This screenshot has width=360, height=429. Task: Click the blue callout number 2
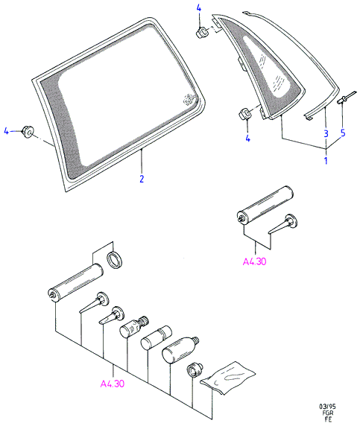142,179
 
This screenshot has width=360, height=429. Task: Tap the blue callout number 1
326,160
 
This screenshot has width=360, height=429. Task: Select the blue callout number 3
326,133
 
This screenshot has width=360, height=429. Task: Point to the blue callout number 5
343,133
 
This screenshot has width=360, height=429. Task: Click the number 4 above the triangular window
199,8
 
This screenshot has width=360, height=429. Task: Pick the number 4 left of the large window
6,131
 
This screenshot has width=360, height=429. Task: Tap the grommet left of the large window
28,131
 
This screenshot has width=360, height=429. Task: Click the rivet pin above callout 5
347,98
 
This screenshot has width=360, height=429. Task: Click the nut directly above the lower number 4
244,114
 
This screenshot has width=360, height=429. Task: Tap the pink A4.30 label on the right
254,261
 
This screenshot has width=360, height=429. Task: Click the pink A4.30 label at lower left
113,384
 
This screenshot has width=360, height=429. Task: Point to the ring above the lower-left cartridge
115,260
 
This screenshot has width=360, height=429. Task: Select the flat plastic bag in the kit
228,378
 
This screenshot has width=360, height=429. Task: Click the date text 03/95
327,407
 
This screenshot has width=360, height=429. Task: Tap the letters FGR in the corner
327,413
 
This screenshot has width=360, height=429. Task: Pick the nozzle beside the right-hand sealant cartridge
283,224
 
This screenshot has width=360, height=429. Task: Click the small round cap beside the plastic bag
195,369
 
